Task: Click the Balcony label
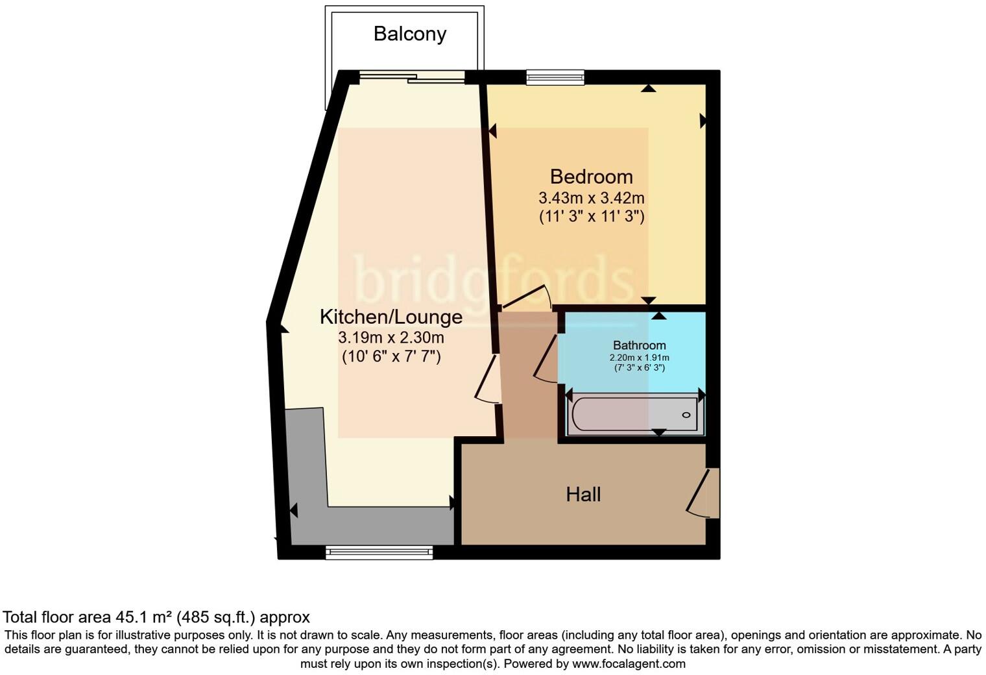point(409,34)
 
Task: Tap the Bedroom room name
point(591,177)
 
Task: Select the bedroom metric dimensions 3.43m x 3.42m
point(591,197)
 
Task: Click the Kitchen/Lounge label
point(391,317)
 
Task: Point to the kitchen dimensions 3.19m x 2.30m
point(391,337)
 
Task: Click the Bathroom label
point(639,345)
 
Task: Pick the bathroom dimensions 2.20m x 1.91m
point(639,358)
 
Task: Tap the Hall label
point(583,495)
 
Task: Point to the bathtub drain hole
point(686,415)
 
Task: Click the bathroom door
point(547,359)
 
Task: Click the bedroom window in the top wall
point(555,77)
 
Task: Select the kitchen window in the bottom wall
point(379,552)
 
